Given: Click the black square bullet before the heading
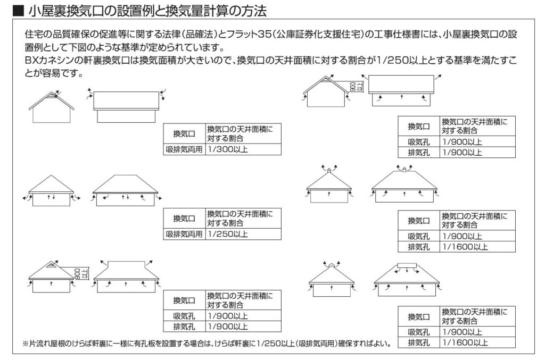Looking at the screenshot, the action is pos(18,11).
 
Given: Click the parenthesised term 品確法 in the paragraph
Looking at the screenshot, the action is pos(201,35).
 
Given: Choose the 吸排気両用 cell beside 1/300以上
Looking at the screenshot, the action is pos(184,149).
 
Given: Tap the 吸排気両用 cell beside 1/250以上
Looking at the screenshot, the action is pos(184,234).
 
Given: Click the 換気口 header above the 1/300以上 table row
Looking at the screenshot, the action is pos(184,133).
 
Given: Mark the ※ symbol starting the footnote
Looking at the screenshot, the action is pos(26,344).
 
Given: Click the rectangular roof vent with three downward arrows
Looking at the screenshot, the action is pos(407,265).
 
